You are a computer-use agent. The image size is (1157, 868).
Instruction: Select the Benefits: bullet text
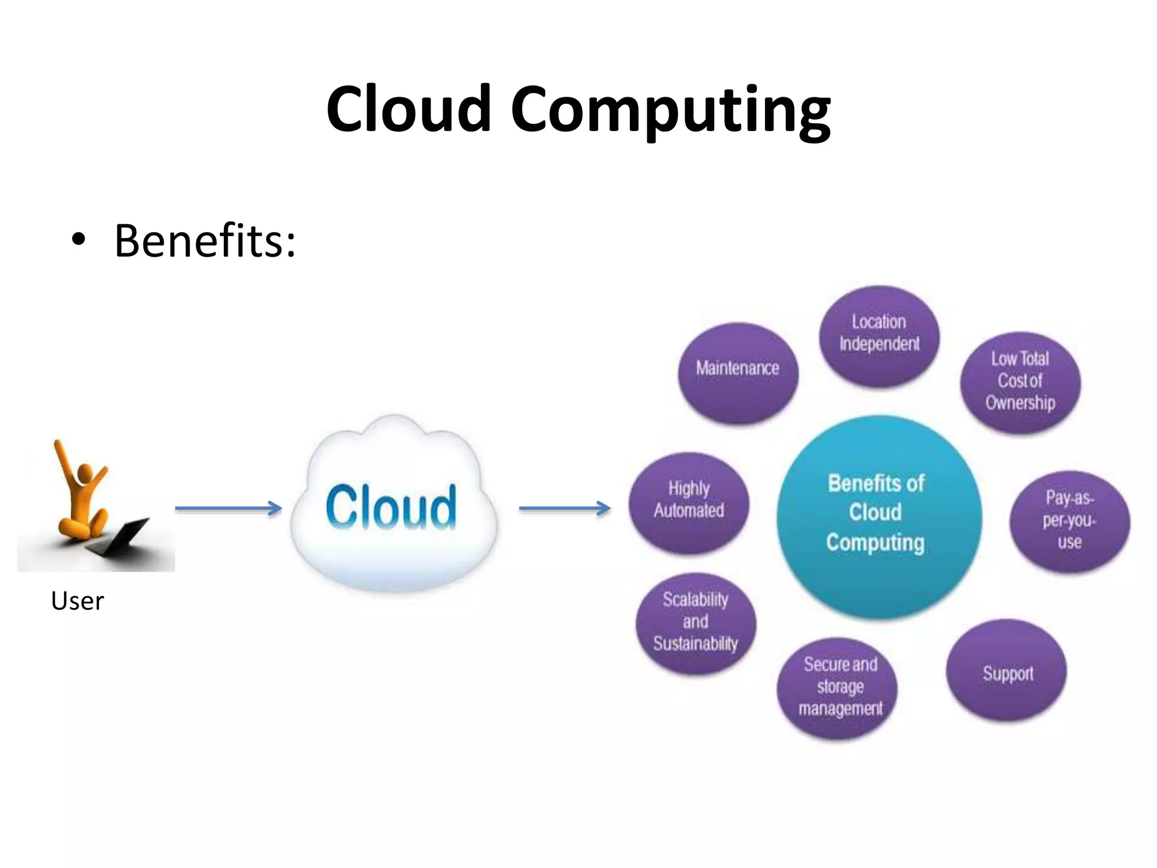[205, 241]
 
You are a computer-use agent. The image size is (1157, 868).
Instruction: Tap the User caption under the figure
[77, 601]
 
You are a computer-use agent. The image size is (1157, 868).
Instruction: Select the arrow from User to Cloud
[228, 509]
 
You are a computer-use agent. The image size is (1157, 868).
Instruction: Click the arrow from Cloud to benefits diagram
[564, 509]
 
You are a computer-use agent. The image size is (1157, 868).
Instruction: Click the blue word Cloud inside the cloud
[391, 507]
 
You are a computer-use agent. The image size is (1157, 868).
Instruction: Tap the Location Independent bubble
[879, 337]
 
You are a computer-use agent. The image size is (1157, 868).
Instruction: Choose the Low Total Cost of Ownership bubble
[1020, 383]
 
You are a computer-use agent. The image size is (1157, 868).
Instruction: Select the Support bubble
[1007, 671]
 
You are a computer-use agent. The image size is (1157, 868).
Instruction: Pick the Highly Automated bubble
[689, 502]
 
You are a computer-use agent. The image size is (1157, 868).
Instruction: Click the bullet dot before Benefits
[79, 241]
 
